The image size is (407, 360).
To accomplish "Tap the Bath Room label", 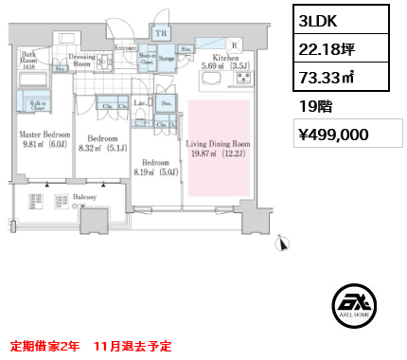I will [29, 59].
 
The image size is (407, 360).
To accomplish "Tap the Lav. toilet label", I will [139, 101].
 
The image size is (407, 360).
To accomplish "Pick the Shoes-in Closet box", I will [147, 58].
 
